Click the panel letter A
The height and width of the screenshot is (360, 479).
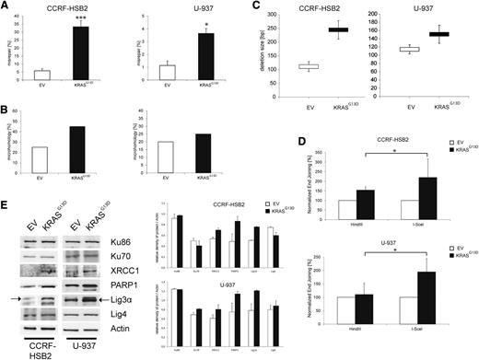[7, 7]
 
